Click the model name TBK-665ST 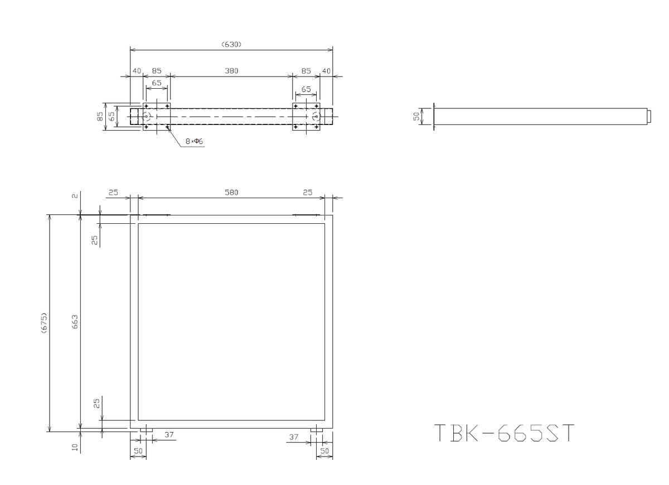pos(504,433)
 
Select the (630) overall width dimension pos(231,45)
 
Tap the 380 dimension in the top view pos(231,71)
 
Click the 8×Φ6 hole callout pos(194,141)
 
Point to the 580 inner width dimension pos(231,192)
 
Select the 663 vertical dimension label pos(75,321)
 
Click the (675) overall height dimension pos(44,323)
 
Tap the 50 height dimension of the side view pos(416,116)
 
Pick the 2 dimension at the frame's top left pos(75,196)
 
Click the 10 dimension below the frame pos(75,447)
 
